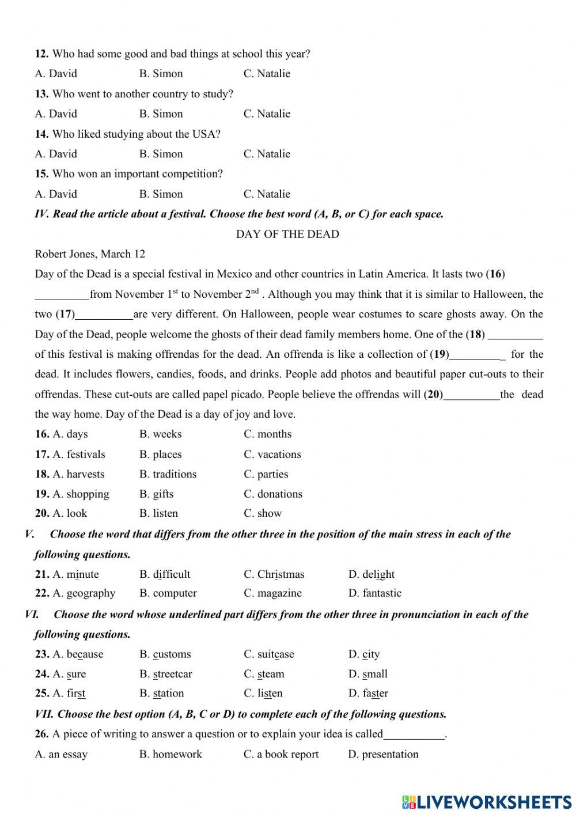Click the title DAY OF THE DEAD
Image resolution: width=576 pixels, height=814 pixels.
287,234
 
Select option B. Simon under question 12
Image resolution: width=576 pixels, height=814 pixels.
161,73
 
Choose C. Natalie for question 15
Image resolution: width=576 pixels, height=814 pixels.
267,194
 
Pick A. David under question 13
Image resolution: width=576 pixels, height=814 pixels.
56,113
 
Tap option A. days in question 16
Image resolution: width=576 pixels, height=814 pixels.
70,434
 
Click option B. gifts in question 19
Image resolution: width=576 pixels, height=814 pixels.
156,494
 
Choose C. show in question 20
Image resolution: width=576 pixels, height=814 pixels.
263,513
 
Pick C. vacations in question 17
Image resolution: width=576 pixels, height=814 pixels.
272,454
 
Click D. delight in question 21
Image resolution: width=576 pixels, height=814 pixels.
372,574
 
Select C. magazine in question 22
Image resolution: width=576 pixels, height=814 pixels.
272,593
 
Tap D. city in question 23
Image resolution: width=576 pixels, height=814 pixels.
364,654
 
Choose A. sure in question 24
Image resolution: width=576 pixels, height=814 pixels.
69,673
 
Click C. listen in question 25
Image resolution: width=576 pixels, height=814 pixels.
263,693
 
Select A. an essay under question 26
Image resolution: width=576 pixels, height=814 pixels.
61,754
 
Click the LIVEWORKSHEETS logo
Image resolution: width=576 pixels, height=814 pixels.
487,801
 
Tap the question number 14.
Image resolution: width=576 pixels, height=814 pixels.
41,134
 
